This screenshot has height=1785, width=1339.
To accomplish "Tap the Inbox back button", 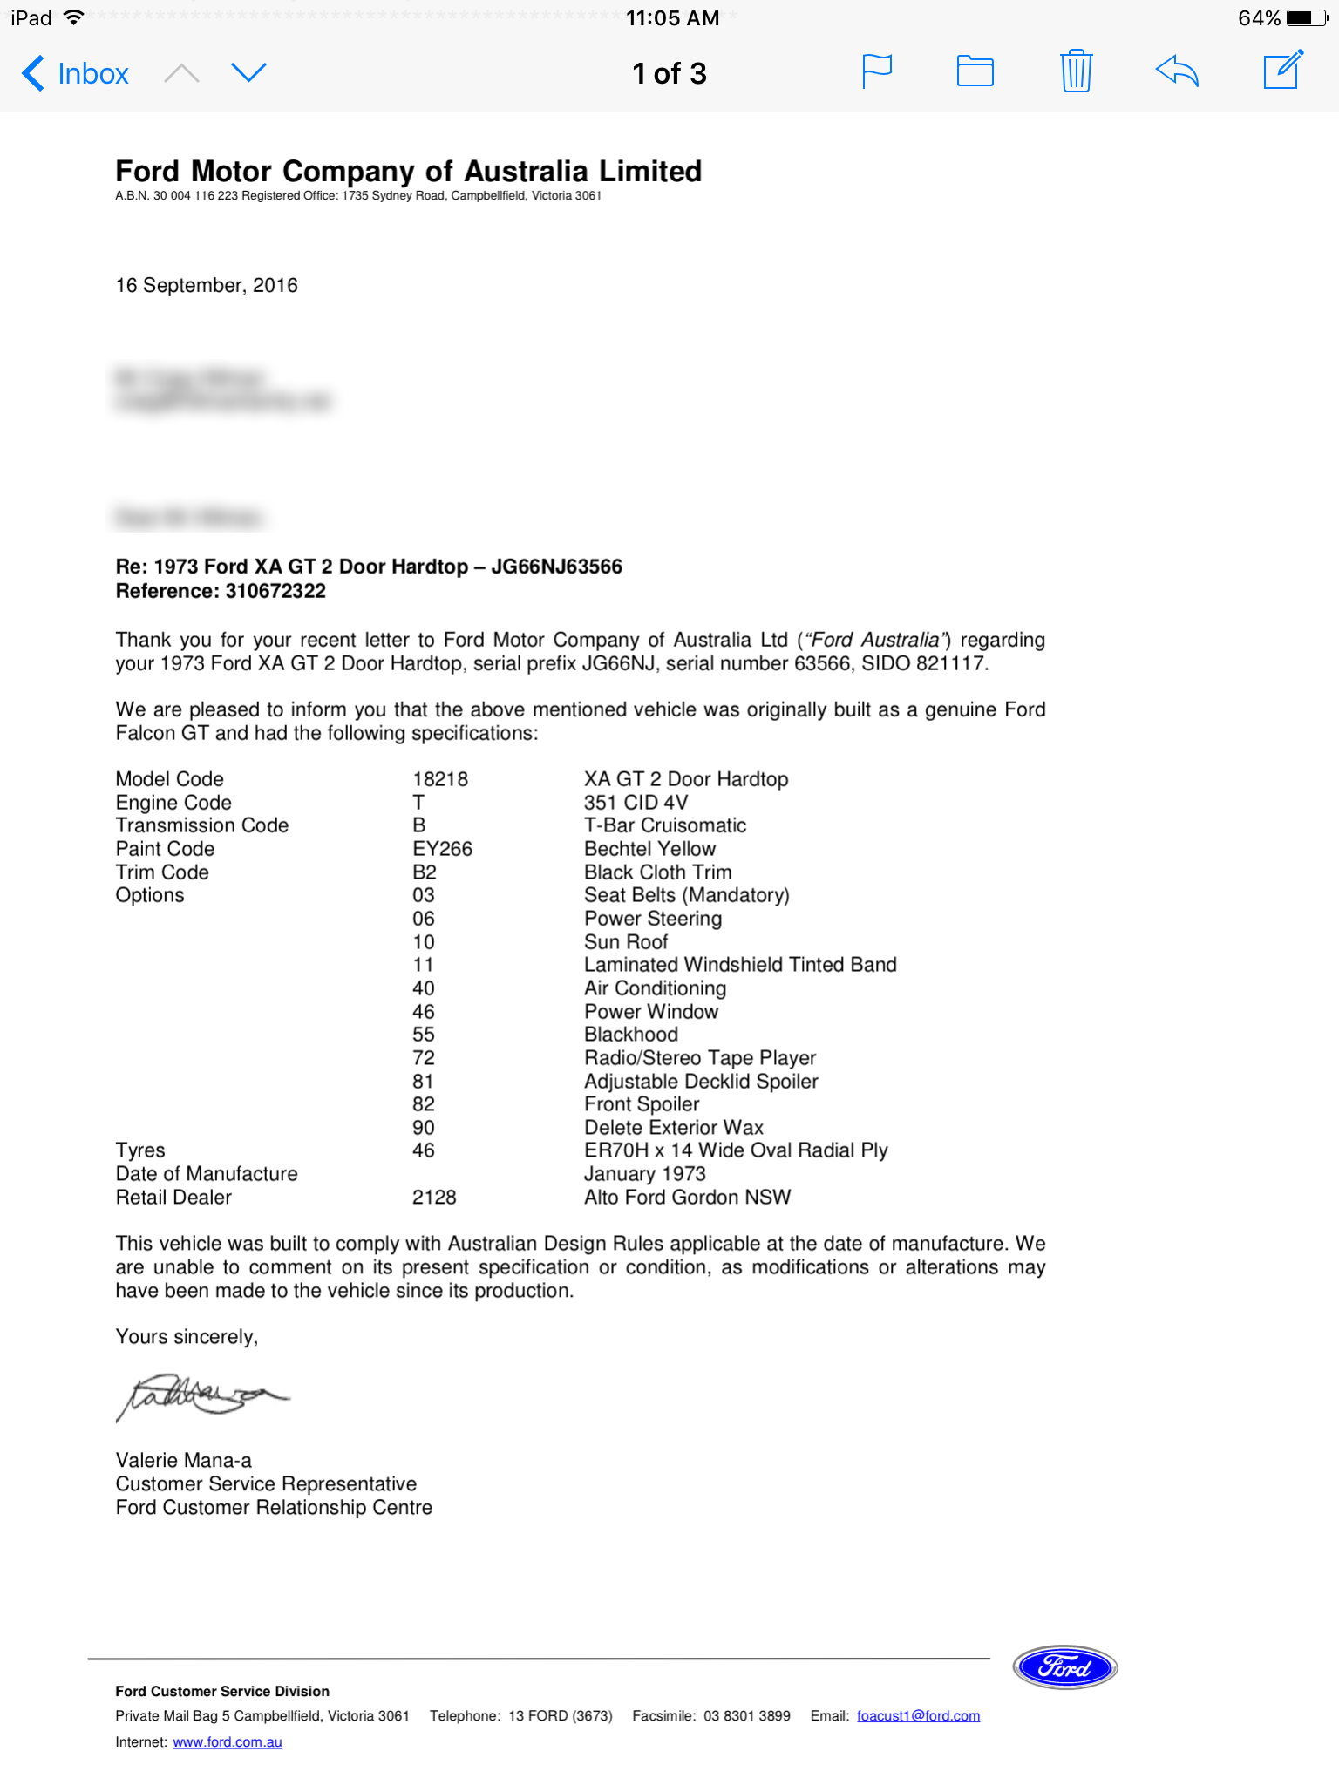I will [x=76, y=74].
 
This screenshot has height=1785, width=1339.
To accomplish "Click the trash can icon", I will [x=1076, y=71].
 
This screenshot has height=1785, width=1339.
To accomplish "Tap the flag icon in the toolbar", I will [x=877, y=71].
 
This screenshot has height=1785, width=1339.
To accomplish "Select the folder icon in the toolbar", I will [x=975, y=71].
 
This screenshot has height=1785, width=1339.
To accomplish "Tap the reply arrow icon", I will [x=1177, y=71].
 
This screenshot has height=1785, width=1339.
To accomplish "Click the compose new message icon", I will [x=1283, y=70].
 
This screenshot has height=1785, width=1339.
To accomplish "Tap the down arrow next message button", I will [x=248, y=72].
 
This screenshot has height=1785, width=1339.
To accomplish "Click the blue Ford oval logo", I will [x=1064, y=1667].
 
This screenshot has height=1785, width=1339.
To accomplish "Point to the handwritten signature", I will [x=201, y=1395].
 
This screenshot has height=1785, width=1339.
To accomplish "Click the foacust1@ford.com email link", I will [x=918, y=1715].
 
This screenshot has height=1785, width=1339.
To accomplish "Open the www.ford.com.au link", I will [x=228, y=1741].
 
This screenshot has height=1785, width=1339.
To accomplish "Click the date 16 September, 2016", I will [x=207, y=285].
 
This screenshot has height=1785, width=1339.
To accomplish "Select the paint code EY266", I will [x=442, y=849].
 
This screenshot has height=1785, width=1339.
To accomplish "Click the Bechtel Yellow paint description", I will [x=649, y=849].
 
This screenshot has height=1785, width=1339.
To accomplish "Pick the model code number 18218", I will [x=440, y=779].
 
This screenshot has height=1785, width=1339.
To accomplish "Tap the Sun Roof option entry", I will [x=626, y=942].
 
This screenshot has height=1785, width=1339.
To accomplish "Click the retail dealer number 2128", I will [x=434, y=1198].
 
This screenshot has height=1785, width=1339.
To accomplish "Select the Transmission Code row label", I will [x=202, y=825].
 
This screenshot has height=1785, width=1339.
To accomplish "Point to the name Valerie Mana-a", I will [x=184, y=1460].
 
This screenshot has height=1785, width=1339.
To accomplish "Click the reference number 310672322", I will [x=275, y=591].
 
